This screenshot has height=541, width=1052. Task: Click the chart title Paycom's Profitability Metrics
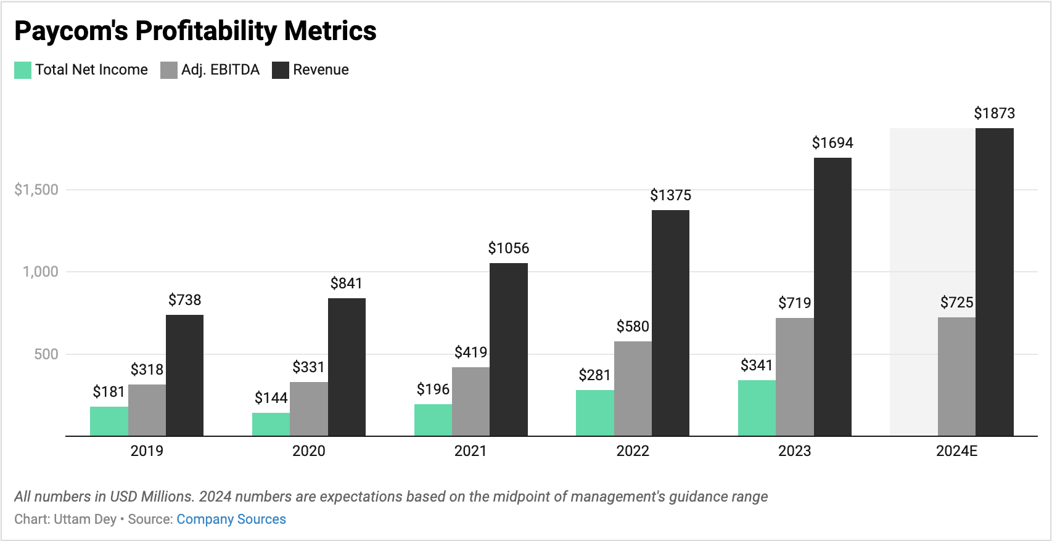pyautogui.click(x=195, y=31)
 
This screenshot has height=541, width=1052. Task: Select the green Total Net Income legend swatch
pyautogui.click(x=23, y=70)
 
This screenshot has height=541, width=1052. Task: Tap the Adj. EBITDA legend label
pyautogui.click(x=220, y=70)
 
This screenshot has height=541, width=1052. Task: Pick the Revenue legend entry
pyautogui.click(x=320, y=70)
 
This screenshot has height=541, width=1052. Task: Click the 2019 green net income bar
pyautogui.click(x=109, y=421)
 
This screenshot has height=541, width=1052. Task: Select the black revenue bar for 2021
pyautogui.click(x=508, y=349)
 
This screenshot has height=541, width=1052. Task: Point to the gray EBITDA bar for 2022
pyautogui.click(x=633, y=389)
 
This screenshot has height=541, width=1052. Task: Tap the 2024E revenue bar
pyautogui.click(x=994, y=282)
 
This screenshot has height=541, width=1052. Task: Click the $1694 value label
pyautogui.click(x=832, y=143)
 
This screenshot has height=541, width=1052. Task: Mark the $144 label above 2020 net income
pyautogui.click(x=271, y=398)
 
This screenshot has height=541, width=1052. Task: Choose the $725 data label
pyautogui.click(x=956, y=303)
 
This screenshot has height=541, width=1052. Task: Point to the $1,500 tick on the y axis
pyautogui.click(x=36, y=190)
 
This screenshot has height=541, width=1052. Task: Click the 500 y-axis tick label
pyautogui.click(x=46, y=354)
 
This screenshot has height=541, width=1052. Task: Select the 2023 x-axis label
pyautogui.click(x=794, y=451)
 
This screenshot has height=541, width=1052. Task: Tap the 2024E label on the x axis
pyautogui.click(x=956, y=451)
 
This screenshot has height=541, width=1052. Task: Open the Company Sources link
pyautogui.click(x=231, y=519)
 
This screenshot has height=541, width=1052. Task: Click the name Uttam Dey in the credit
pyautogui.click(x=85, y=519)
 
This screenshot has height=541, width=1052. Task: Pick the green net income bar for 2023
pyautogui.click(x=757, y=408)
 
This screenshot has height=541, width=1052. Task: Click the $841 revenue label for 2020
pyautogui.click(x=346, y=283)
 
